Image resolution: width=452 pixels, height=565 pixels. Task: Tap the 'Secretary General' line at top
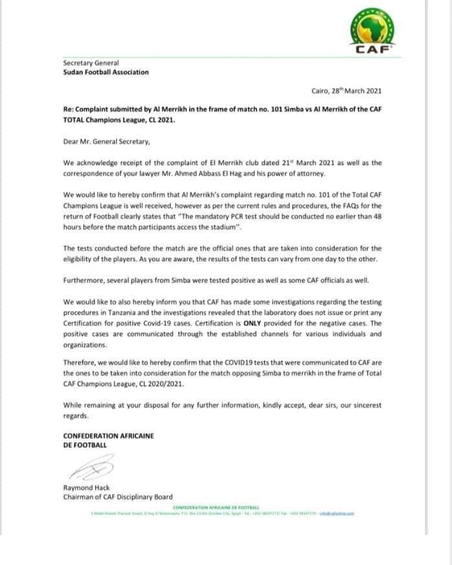[x=91, y=63]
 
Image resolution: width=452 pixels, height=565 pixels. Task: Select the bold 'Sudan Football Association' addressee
[x=106, y=72]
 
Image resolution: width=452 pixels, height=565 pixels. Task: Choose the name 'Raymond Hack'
[x=87, y=487]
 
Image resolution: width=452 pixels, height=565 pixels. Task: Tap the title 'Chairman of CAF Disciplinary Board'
[x=118, y=496]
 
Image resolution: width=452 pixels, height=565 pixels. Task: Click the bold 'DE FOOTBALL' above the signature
[x=85, y=445]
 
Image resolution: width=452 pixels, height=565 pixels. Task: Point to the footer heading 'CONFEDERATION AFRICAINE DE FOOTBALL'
[x=216, y=507]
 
